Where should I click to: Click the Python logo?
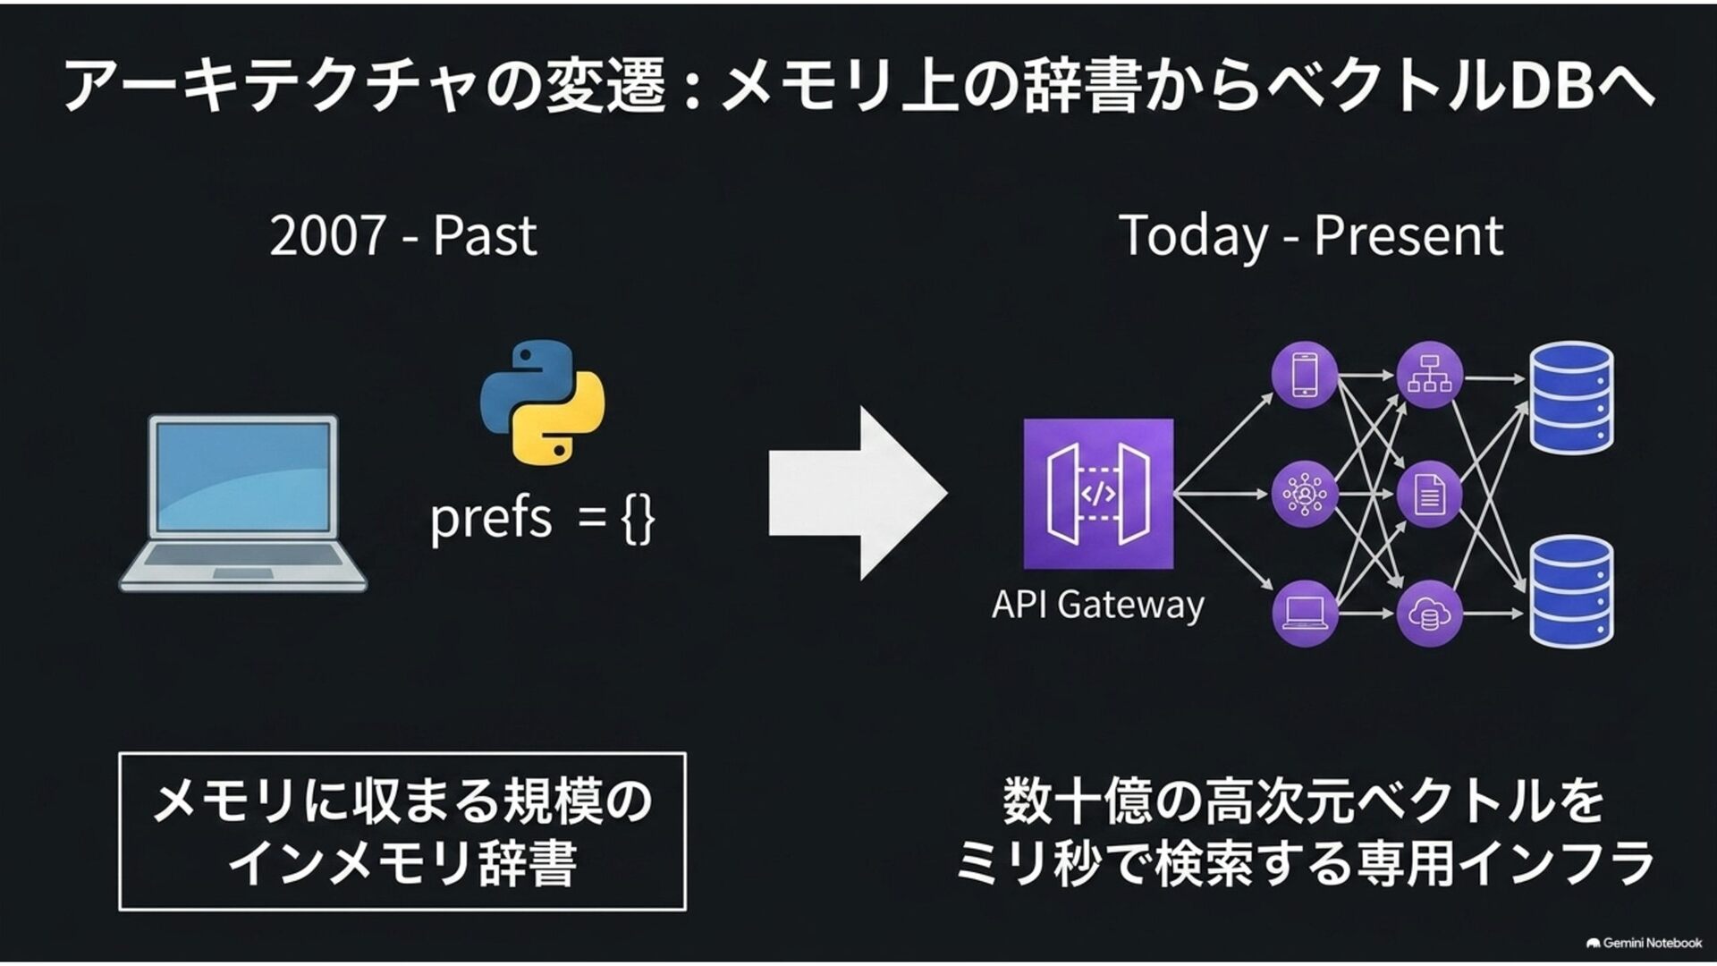pos(542,402)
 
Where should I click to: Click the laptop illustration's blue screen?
pos(243,477)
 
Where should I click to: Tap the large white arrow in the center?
pos(858,493)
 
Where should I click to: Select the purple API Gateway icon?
pos(1098,493)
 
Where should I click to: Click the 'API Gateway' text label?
pos(1097,605)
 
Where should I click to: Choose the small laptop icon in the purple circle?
pos(1305,613)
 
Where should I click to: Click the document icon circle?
pos(1429,494)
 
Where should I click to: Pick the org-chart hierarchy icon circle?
pos(1429,376)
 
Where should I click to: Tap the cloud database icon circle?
pos(1429,614)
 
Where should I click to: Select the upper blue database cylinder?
pos(1571,398)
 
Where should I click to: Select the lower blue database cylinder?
pos(1571,590)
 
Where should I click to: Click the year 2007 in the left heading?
pos(327,236)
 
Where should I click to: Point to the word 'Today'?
pos(1193,237)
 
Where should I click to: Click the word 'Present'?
pos(1408,236)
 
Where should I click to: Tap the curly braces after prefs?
pos(638,519)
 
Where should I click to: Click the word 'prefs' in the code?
pos(491,518)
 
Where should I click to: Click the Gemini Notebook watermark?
pos(1644,943)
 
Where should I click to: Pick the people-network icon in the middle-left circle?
pos(1305,494)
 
